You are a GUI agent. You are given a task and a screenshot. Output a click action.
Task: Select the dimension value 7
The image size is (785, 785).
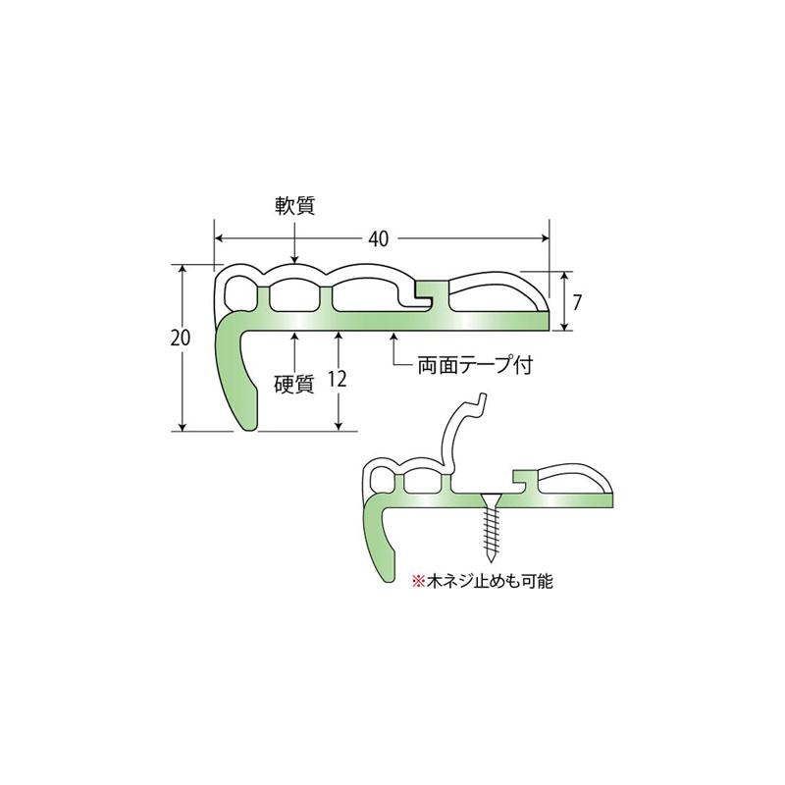(578, 302)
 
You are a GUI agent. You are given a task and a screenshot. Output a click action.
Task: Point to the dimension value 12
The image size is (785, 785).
(338, 381)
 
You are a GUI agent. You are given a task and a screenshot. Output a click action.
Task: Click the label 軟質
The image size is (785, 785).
(296, 206)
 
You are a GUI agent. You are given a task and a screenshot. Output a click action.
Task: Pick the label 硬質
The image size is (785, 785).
(293, 386)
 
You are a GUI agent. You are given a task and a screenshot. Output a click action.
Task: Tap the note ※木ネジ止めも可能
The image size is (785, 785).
(483, 581)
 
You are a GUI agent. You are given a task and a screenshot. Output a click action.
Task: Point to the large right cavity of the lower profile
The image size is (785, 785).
(574, 480)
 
